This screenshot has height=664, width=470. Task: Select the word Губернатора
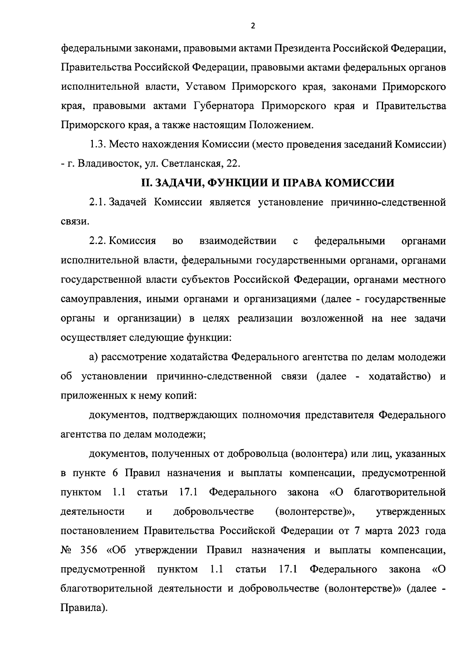224,106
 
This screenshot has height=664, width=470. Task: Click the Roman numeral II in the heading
146,183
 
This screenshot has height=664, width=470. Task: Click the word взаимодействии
238,241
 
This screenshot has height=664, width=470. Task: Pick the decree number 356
89,550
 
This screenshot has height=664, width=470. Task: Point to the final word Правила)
84,608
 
